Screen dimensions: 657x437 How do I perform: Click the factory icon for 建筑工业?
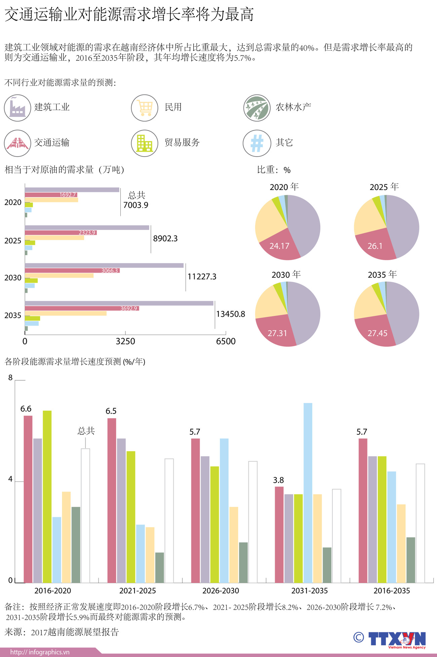coord(17,108)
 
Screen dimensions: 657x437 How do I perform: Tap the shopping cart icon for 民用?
coord(145,108)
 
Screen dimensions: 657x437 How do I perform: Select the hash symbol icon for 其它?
coord(257,143)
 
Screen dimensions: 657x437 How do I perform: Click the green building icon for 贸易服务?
coord(145,143)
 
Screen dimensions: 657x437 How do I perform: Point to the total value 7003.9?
coord(135,205)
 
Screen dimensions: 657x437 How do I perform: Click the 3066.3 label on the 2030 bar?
coord(110,271)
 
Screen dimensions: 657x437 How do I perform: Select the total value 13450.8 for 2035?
coord(230,314)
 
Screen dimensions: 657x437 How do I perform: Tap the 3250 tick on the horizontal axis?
coord(125,341)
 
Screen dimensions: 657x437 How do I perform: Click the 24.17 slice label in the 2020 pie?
coord(279,246)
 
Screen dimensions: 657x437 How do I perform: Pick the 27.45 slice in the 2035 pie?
coord(377,333)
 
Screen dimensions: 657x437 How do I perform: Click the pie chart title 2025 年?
coord(384,187)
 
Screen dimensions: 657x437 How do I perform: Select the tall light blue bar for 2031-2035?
coord(308,492)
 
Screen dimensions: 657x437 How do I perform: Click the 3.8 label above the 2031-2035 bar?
coord(278,480)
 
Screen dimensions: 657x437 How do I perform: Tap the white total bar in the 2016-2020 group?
coord(85,515)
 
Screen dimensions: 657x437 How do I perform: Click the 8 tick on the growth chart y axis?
coord(10,377)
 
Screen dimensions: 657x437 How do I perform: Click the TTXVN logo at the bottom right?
coord(397,639)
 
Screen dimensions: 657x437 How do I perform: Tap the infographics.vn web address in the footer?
coord(40,652)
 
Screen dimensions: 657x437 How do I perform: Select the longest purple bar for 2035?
coord(119,303)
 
